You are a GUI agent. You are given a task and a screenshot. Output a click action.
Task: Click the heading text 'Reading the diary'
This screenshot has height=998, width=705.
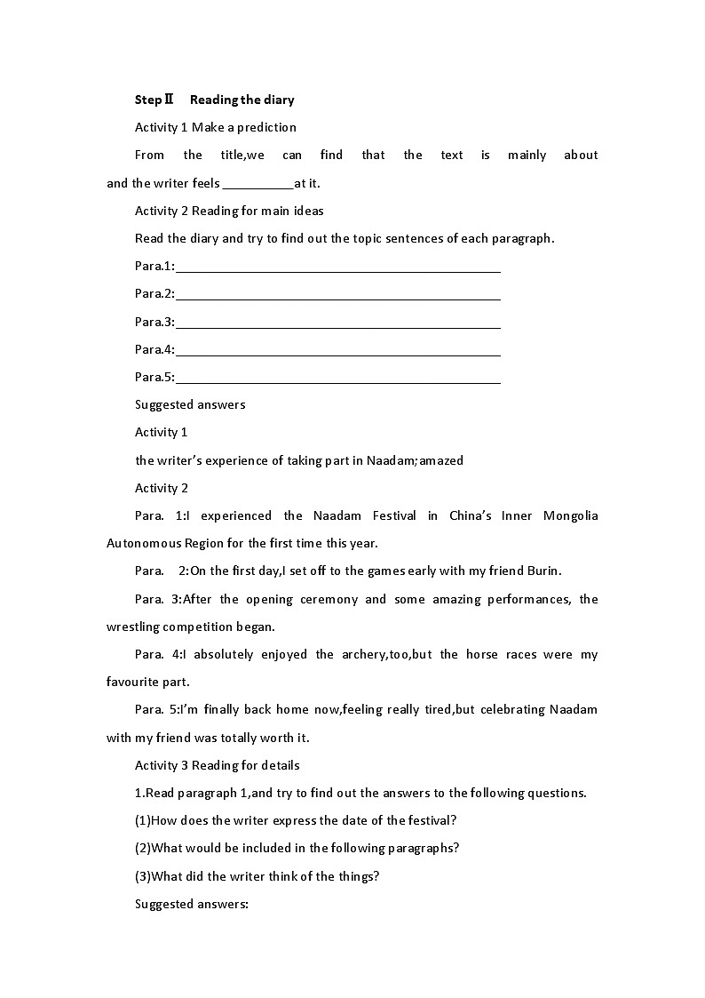click(x=242, y=100)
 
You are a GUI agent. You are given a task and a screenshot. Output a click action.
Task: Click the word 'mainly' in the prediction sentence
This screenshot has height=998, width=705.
click(x=527, y=155)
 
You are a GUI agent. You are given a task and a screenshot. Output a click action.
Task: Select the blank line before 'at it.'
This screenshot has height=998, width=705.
click(x=257, y=184)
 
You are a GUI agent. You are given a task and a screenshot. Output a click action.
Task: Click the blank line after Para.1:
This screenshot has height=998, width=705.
click(x=338, y=267)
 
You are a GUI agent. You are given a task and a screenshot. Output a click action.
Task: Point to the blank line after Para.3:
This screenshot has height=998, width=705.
click(x=338, y=322)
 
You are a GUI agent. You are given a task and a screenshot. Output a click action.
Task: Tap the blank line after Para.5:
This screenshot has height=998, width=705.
click(x=338, y=378)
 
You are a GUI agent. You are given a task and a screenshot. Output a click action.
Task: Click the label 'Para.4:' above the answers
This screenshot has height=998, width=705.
click(x=154, y=349)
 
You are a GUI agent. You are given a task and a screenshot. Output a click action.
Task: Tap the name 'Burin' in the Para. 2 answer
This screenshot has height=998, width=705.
click(x=543, y=571)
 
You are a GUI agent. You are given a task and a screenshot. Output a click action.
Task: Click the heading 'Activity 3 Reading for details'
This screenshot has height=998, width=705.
click(x=218, y=765)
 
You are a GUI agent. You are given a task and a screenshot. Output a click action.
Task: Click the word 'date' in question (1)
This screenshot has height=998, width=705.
click(x=332, y=820)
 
